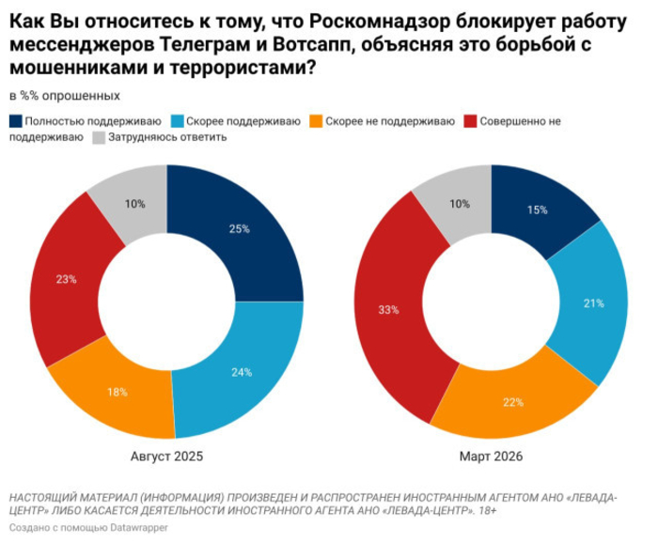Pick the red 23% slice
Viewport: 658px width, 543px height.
pos(66,280)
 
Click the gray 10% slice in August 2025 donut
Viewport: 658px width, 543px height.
pos(134,203)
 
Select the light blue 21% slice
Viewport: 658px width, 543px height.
pos(591,303)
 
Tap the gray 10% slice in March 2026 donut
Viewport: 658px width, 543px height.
pos(460,203)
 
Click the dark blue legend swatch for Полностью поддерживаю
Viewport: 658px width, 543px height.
pos(14,121)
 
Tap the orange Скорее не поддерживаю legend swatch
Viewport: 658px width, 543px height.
pos(318,121)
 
